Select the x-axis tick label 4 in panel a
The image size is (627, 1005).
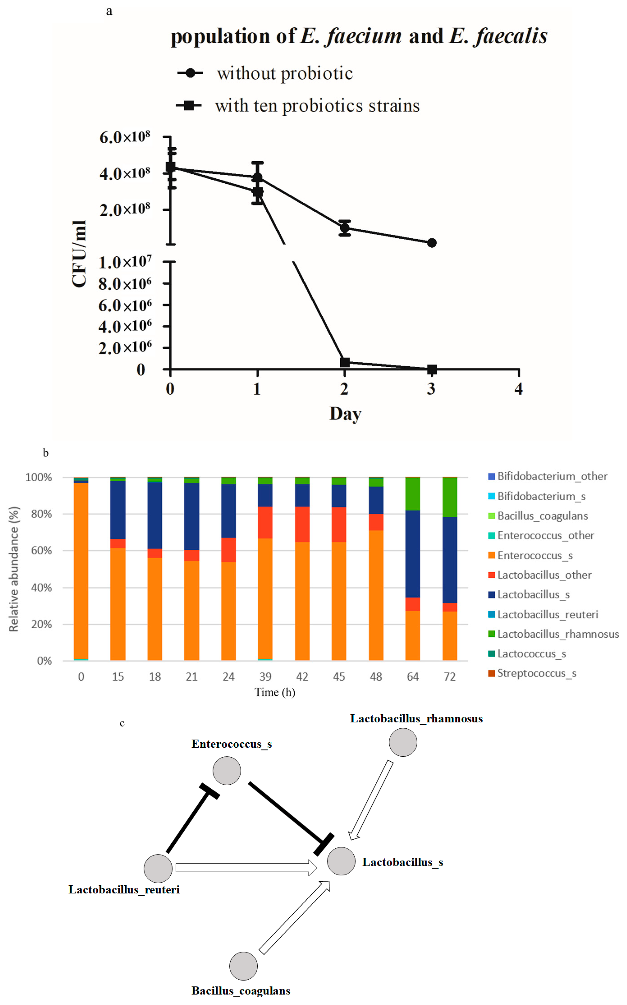(518, 389)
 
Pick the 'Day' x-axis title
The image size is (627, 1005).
(345, 414)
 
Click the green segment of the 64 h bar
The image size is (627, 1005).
(413, 493)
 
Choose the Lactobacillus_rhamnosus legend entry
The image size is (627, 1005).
(558, 634)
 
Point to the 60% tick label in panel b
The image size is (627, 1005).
(41, 550)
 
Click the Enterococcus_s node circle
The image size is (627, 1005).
(227, 770)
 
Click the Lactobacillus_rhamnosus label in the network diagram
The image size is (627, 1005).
(416, 719)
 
